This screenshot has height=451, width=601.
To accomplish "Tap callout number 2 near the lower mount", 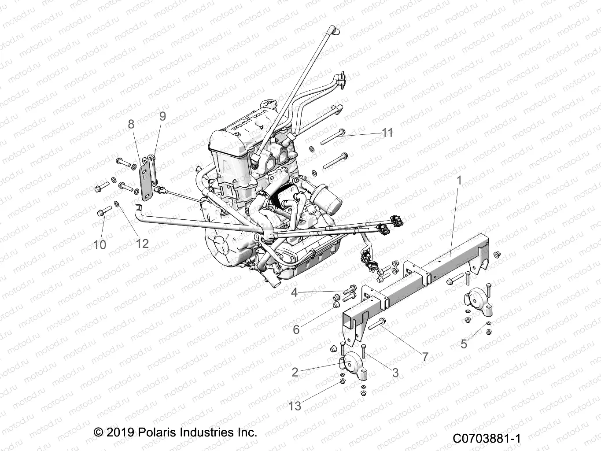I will coord(295,373).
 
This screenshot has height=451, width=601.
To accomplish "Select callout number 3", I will coord(395,373).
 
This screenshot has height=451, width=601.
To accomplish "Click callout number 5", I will coord(464,344).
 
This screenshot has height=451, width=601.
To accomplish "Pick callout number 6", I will coord(296,329).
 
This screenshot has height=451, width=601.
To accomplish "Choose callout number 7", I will coord(425,357).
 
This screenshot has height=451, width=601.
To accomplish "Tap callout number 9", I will coord(162,116).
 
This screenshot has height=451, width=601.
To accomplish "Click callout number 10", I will coord(100,244).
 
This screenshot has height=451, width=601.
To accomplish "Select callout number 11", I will coord(387,133).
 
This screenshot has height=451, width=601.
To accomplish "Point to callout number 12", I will coord(142,243).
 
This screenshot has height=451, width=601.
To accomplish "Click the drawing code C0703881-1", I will coord(487,439).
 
